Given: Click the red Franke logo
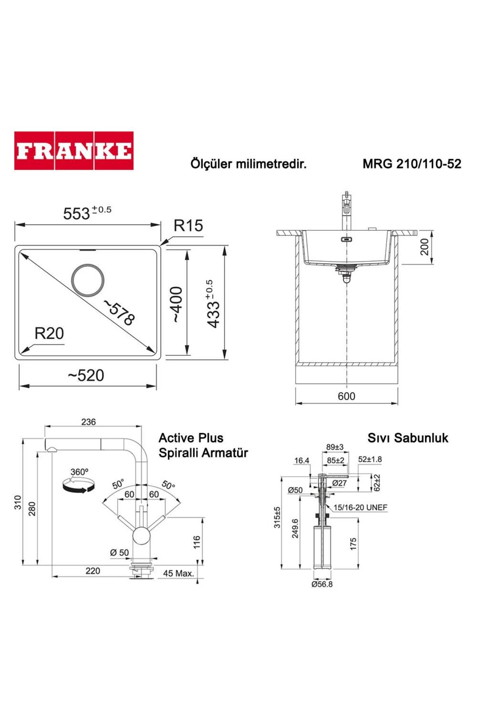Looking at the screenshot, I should point(74,151).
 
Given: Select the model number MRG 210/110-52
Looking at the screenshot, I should point(411,164).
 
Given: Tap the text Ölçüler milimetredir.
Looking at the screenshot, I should point(248,164).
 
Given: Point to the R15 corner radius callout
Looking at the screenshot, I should point(188,226).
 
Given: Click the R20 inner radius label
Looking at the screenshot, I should point(49,333).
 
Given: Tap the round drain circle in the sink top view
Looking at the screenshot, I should point(88,280).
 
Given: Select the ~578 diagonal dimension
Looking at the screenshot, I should point(119,312).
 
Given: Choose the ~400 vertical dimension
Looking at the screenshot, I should point(176,304).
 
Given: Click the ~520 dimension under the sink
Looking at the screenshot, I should point(86,376).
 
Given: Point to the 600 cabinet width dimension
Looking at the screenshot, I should point(346,396).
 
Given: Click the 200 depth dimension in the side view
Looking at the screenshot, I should point(425,247).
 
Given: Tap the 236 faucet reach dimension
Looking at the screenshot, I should point(88,422).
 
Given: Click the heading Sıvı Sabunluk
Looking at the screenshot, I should point(407,438).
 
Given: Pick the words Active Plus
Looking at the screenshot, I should point(191,438).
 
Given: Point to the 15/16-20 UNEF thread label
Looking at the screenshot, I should point(360,508).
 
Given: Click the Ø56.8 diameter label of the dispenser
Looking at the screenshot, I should point(322,584).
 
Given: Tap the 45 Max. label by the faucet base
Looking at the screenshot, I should point(178,574).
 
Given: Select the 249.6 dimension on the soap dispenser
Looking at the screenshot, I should point(295,529).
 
